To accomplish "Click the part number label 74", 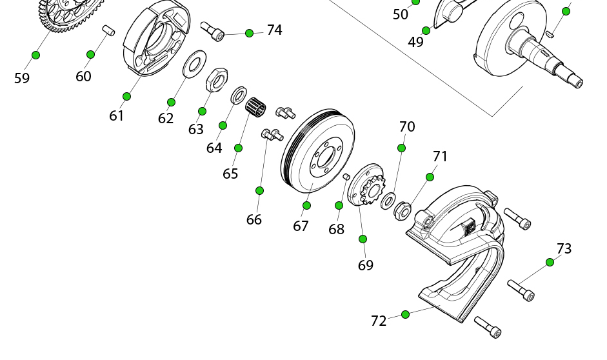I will (x=274, y=30).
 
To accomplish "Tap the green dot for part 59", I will (x=35, y=55).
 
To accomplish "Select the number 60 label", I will (x=83, y=76).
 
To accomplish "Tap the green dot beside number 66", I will (x=259, y=190).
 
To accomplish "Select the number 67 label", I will (x=301, y=226).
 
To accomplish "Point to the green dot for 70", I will (x=401, y=148).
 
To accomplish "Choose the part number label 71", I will (x=440, y=157).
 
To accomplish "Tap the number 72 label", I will (x=379, y=321).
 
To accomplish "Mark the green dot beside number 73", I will (x=550, y=262).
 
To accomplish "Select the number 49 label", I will (x=415, y=43).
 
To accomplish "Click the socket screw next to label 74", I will (x=212, y=30).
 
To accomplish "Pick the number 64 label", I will (x=214, y=148).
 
